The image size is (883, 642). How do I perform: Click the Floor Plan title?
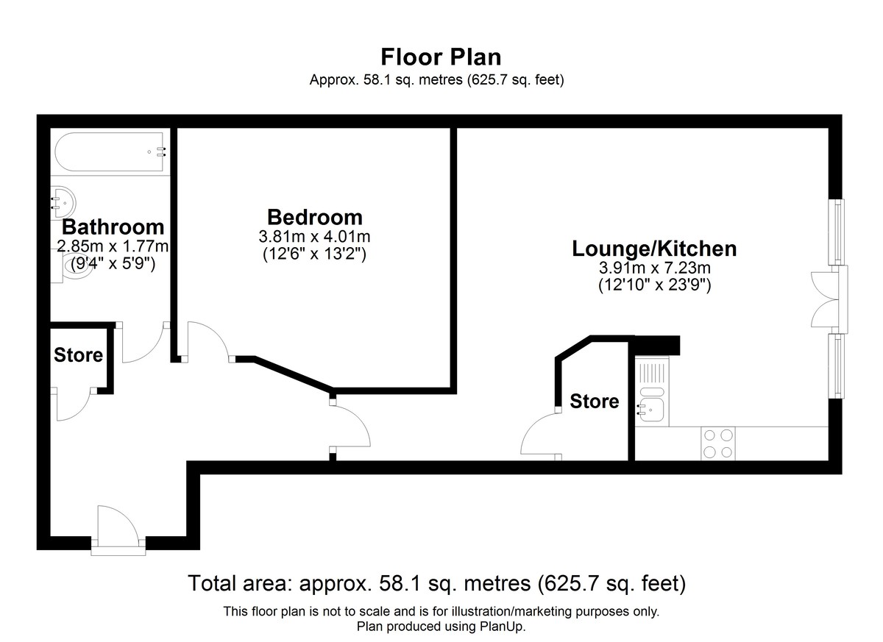click(441, 57)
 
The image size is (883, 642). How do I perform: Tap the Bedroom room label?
click(315, 217)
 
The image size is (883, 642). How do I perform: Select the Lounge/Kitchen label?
click(654, 249)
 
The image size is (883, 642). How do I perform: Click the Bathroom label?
click(113, 227)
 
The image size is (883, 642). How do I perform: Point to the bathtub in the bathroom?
click(109, 152)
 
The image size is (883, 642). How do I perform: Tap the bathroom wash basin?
click(63, 202)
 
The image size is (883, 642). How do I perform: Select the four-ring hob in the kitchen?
click(718, 443)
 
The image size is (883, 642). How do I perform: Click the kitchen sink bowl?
click(652, 410)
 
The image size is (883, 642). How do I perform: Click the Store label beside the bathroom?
click(79, 355)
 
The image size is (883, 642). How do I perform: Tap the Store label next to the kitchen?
click(594, 401)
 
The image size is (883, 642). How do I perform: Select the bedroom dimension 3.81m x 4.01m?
click(315, 237)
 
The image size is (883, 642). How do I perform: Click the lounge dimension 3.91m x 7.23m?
click(655, 268)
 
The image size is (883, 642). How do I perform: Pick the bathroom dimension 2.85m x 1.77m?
click(113, 246)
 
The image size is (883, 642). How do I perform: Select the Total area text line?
click(437, 583)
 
